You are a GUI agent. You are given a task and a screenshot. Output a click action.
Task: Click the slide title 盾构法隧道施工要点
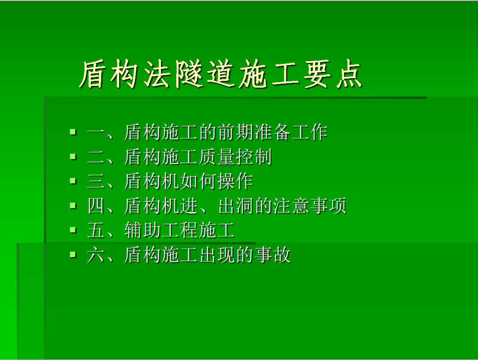(220, 74)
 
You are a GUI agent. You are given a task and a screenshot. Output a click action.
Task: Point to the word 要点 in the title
(333, 74)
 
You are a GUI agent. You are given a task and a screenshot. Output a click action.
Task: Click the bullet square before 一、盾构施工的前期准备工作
(73, 132)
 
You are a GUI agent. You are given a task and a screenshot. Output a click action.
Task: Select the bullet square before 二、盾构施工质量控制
(73, 156)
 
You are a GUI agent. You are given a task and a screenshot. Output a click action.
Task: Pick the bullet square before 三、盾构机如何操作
(73, 181)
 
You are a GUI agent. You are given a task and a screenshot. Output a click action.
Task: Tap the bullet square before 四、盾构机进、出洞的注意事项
(73, 205)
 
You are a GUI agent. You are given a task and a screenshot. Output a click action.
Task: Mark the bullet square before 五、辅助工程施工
(73, 230)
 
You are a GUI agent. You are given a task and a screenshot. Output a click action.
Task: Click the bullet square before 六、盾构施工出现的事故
(73, 255)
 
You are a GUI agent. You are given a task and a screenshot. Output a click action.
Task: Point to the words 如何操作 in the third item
(216, 181)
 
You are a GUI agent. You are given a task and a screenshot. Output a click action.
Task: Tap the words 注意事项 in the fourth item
(310, 206)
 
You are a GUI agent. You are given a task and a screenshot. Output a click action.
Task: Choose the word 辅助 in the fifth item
(143, 230)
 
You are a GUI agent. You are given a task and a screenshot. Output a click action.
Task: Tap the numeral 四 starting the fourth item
(96, 206)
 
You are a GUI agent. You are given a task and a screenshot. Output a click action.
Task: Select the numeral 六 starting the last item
(96, 255)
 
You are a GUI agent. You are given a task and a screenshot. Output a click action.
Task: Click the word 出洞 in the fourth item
(236, 206)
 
